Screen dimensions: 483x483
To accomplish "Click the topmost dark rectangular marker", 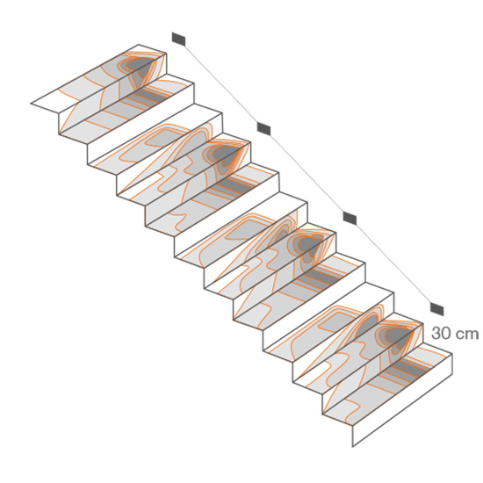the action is [x=178, y=39].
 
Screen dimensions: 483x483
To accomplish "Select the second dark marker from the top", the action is [x=263, y=128].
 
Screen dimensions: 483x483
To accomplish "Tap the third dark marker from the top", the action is [x=350, y=218].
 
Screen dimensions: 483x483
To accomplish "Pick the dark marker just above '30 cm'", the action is [x=436, y=308].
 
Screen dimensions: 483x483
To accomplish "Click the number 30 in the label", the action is [x=439, y=334].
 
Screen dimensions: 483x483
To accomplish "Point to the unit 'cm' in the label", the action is [x=465, y=335].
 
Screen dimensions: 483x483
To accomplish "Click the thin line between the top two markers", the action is [x=221, y=83].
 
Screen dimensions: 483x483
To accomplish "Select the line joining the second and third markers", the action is [x=306, y=173].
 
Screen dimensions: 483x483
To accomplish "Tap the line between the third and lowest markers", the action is [x=393, y=263].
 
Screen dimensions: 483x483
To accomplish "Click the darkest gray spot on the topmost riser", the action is [x=141, y=68].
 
